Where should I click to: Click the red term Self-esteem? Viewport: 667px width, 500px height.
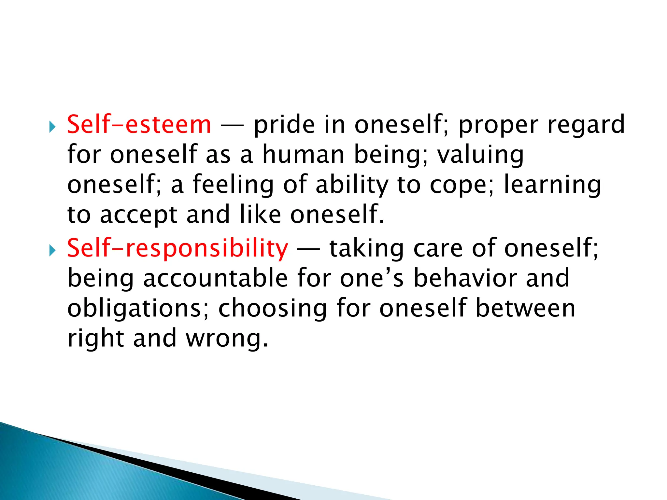139,125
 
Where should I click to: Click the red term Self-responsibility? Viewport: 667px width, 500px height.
177,248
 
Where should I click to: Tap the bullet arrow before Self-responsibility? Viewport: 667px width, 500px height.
52,250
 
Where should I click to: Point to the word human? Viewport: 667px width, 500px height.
303,155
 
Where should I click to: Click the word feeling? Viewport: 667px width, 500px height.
233,185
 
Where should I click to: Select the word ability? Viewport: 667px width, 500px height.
352,185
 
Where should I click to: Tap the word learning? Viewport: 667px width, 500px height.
552,185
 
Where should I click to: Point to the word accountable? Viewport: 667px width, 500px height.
215,278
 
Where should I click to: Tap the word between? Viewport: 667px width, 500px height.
525,308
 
